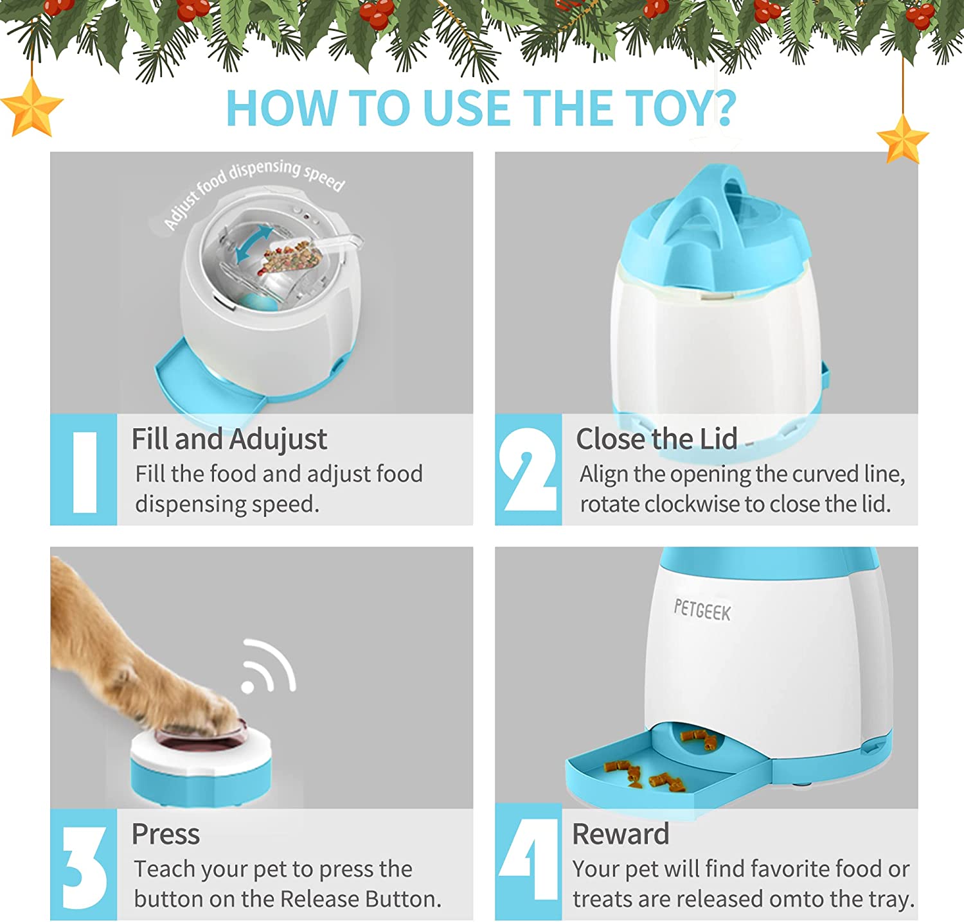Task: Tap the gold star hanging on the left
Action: pyautogui.click(x=31, y=107)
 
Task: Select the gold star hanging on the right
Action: pyautogui.click(x=902, y=139)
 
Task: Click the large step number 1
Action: pyautogui.click(x=85, y=472)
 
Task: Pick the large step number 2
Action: pyautogui.click(x=528, y=470)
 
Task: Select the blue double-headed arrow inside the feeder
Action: pyautogui.click(x=254, y=244)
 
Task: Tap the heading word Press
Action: pyautogui.click(x=166, y=835)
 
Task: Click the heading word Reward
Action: pyautogui.click(x=621, y=835)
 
